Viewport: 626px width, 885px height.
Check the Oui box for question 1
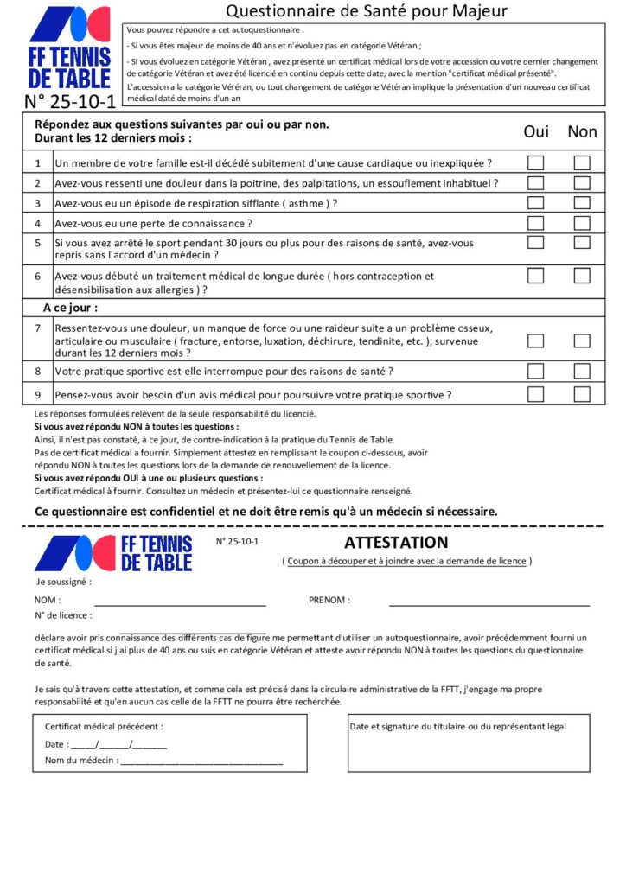tap(536, 162)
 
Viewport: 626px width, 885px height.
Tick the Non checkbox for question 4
tap(582, 223)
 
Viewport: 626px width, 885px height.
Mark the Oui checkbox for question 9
tap(536, 395)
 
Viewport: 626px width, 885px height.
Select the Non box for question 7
tap(582, 341)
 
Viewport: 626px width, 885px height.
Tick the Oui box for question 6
tap(536, 276)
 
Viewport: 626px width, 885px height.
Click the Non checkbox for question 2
tap(582, 183)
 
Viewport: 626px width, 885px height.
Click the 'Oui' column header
tap(536, 131)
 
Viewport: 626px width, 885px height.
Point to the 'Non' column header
tap(582, 131)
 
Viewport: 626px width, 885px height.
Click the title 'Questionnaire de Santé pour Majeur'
tap(366, 11)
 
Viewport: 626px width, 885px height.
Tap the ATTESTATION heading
tap(396, 543)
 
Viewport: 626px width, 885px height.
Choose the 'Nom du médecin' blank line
tap(201, 761)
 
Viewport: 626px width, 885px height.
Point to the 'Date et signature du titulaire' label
tap(457, 727)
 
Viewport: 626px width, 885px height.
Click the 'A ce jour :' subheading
tap(71, 308)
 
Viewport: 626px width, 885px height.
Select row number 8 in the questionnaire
tap(38, 372)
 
